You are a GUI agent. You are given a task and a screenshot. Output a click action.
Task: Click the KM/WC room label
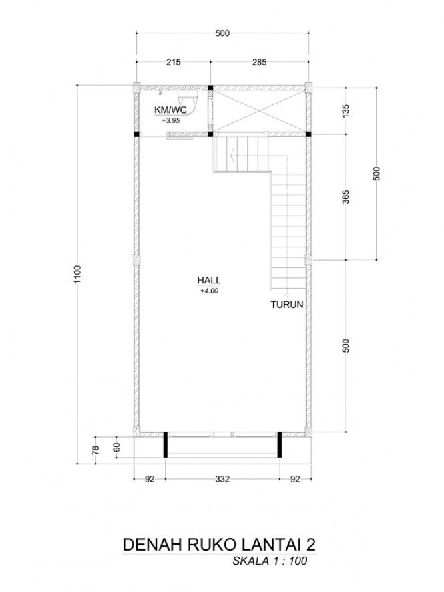(170, 110)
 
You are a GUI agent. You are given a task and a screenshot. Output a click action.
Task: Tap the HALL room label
(208, 280)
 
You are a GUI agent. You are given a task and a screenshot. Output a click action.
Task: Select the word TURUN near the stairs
(286, 304)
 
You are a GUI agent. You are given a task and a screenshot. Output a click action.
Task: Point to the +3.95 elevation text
(170, 121)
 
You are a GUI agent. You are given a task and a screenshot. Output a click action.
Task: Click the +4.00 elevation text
(209, 291)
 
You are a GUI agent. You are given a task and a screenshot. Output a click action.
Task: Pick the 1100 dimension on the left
(77, 275)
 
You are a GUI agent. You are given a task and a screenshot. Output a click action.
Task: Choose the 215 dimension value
(174, 62)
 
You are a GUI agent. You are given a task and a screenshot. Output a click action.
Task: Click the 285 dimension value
(260, 62)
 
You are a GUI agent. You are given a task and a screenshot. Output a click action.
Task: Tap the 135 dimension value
(346, 111)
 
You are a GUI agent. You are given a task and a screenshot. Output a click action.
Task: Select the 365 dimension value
(346, 197)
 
